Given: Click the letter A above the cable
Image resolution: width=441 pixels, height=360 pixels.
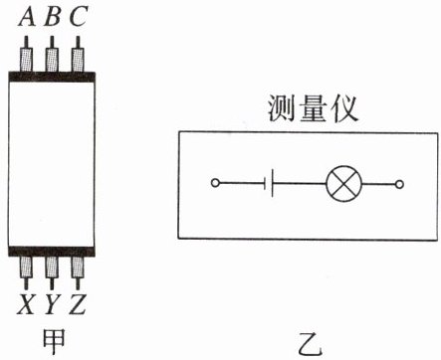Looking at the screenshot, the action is click(27, 17).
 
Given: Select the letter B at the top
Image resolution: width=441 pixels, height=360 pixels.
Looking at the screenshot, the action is click(53, 17).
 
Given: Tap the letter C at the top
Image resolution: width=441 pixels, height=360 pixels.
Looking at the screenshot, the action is click(79, 17).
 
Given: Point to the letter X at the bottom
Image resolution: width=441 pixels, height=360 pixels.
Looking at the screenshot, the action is click(26, 304).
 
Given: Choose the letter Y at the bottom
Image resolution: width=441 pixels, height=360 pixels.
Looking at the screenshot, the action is click(52, 304).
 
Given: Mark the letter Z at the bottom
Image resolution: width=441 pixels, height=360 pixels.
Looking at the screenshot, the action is click(78, 304).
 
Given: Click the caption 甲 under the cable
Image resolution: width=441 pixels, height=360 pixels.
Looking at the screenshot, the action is click(54, 342).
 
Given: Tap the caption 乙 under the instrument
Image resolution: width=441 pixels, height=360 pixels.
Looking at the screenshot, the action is click(310, 344).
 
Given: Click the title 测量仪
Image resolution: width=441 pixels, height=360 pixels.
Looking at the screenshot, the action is click(313, 108).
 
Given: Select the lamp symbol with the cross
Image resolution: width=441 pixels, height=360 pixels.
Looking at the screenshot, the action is click(343, 184).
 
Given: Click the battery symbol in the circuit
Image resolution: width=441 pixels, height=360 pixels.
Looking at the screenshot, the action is click(269, 183).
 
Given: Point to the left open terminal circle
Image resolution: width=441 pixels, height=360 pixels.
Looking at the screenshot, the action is click(215, 183).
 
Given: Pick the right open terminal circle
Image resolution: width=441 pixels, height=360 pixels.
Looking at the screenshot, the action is click(399, 184).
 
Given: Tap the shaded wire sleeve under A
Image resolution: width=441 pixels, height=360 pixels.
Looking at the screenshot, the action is click(27, 60).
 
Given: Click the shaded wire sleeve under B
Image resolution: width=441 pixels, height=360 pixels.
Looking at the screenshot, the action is click(52, 60).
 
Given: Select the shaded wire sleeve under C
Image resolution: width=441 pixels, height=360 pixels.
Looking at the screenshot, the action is click(78, 60).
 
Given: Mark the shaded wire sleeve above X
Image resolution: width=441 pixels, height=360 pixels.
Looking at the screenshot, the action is click(26, 268).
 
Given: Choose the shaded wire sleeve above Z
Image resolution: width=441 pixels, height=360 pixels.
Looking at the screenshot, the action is click(78, 268).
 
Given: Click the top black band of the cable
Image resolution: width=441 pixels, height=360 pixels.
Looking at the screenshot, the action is click(52, 77).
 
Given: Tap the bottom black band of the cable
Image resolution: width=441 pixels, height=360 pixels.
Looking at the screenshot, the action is click(52, 252).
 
